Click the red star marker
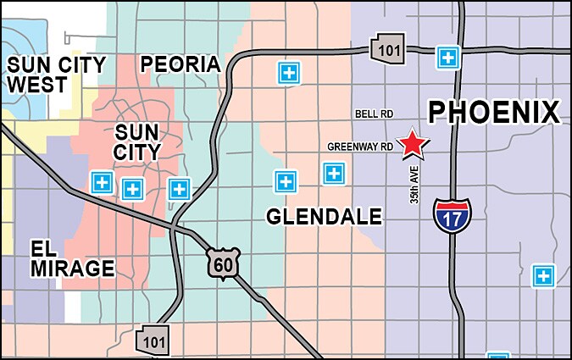click(413, 144)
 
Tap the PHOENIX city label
click(493, 112)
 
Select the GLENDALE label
click(324, 217)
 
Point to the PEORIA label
click(180, 64)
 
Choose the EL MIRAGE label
click(72, 259)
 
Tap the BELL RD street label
click(374, 114)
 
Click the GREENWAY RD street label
click(360, 147)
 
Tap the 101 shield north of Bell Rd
click(385, 48)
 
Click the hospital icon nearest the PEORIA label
click(289, 73)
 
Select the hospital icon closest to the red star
click(334, 174)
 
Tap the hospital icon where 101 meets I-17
click(447, 58)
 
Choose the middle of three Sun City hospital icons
click(131, 188)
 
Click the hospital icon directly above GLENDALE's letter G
click(286, 180)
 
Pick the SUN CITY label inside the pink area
click(137, 141)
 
